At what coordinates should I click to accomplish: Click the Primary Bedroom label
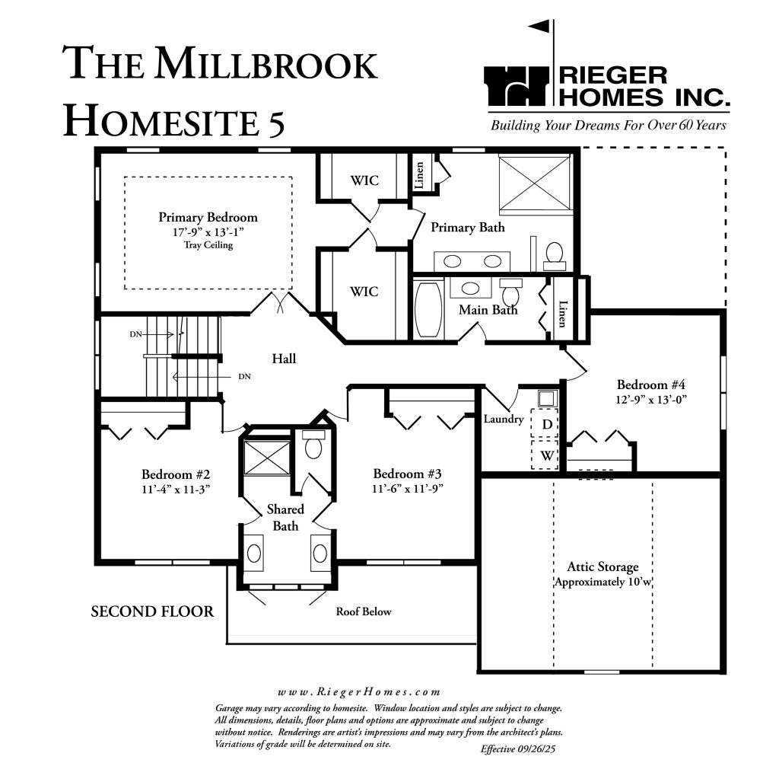tap(208, 217)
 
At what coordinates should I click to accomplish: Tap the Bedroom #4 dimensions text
tap(651, 400)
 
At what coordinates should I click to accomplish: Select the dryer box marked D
tap(545, 424)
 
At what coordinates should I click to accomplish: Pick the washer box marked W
tap(545, 455)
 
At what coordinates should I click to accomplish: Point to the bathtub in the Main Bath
tap(429, 308)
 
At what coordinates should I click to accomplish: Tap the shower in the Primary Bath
tap(535, 184)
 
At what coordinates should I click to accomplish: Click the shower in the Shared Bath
tap(267, 458)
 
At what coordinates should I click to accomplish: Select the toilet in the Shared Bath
tap(313, 444)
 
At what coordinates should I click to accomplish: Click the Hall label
tap(284, 359)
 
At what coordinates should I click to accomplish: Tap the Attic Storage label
tap(603, 567)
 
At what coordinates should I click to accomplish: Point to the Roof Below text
tap(364, 611)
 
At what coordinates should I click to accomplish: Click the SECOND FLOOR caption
tap(152, 611)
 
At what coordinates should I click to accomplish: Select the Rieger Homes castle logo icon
tap(517, 86)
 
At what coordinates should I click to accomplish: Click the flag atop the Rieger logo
tap(539, 26)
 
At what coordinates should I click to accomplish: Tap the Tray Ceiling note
tap(208, 244)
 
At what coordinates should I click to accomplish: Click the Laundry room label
tap(504, 419)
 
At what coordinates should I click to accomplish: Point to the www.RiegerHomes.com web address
tap(359, 692)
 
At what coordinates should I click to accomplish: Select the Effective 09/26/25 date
tap(520, 748)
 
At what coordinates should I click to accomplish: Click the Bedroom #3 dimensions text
tap(408, 488)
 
